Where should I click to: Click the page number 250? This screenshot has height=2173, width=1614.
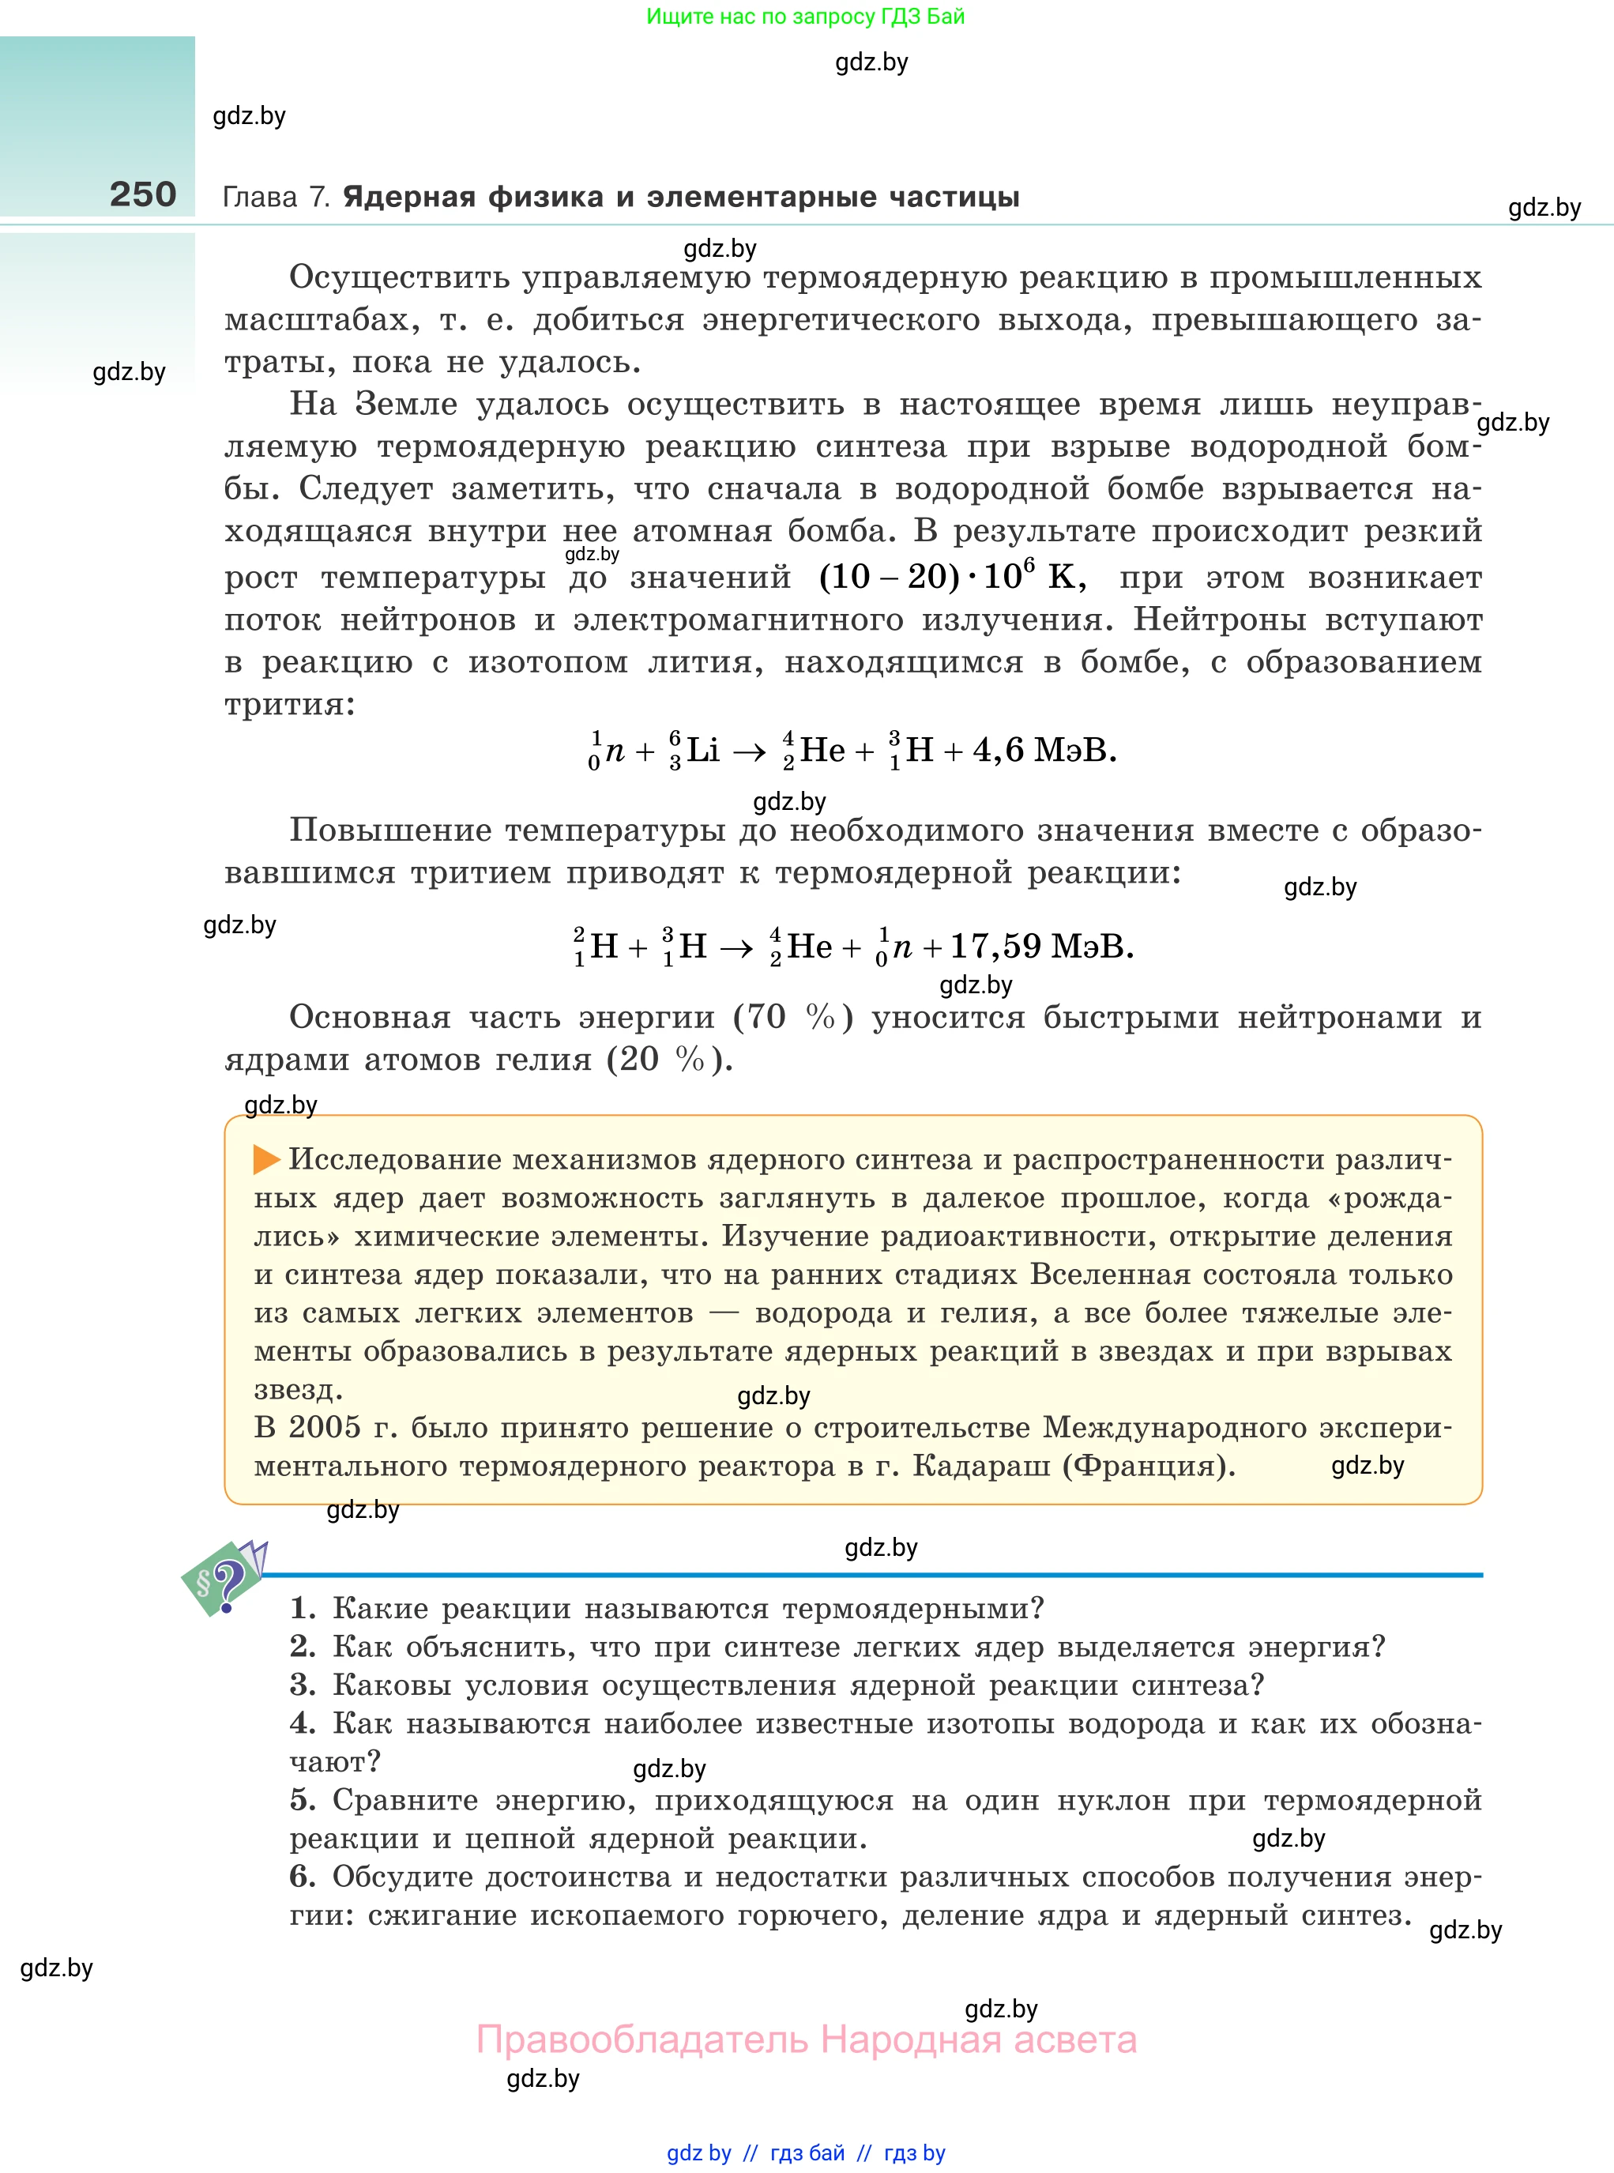click(x=143, y=194)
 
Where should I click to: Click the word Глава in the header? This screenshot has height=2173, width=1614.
click(x=260, y=198)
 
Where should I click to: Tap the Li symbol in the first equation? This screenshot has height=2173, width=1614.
click(x=702, y=751)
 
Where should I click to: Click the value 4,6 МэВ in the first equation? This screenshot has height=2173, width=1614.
click(x=1044, y=751)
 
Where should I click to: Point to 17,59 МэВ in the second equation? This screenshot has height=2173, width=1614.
click(x=1040, y=946)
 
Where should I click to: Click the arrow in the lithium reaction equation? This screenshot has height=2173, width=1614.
click(x=750, y=751)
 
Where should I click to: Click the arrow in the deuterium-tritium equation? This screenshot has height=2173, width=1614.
click(x=736, y=947)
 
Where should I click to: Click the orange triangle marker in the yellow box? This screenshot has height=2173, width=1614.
click(x=265, y=1160)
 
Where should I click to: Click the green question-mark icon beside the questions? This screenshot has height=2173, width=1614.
click(x=224, y=1578)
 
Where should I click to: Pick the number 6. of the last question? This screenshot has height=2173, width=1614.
click(x=303, y=1876)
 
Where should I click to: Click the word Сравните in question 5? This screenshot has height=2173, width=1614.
click(x=405, y=1800)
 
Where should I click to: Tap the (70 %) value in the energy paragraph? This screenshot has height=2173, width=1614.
click(x=793, y=1018)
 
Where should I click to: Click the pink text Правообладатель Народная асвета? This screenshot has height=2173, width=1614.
click(x=806, y=2040)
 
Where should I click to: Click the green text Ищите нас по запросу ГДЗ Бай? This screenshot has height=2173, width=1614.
click(x=806, y=17)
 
